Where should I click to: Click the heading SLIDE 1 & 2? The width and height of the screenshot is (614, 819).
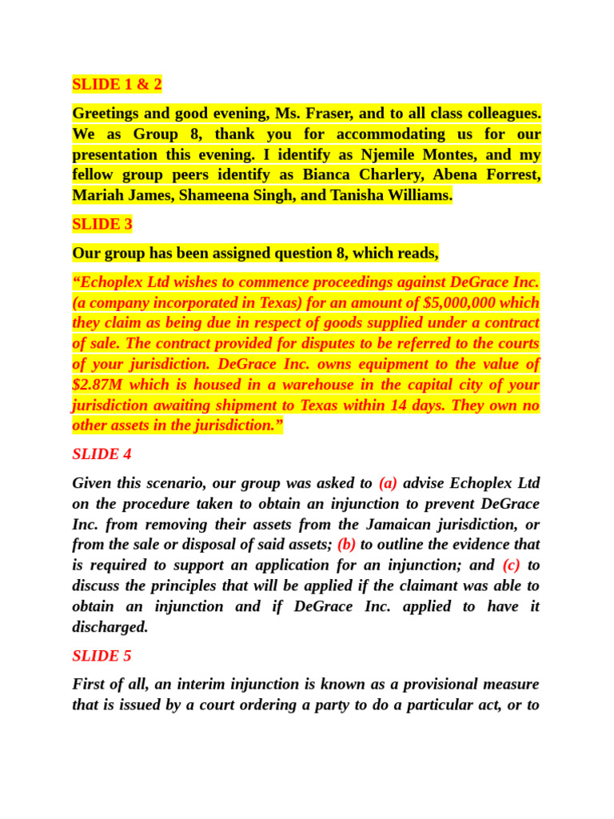(x=117, y=84)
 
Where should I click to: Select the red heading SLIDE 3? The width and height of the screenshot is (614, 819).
(x=102, y=224)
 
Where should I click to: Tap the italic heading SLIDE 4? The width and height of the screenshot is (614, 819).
(x=102, y=454)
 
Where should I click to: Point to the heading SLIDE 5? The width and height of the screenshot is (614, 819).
(x=102, y=656)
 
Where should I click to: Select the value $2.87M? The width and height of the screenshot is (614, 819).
(x=97, y=385)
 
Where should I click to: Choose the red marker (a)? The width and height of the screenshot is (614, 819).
(x=388, y=483)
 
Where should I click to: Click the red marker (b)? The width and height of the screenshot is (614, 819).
(x=346, y=545)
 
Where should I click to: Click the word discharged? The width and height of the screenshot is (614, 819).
(x=110, y=627)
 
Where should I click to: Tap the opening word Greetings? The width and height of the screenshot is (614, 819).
(x=107, y=113)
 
